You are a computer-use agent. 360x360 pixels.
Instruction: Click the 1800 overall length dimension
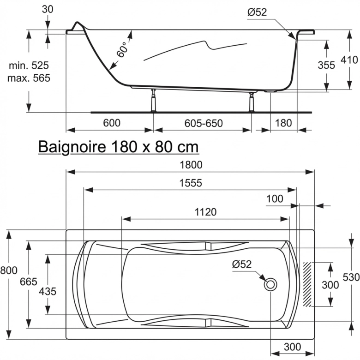[191, 165]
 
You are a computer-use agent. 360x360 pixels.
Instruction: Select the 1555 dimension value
[191, 183]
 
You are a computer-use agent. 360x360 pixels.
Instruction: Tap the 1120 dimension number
[205, 212]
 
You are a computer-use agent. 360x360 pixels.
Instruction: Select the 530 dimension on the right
[351, 277]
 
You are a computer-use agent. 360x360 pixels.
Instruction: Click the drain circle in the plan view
[270, 284]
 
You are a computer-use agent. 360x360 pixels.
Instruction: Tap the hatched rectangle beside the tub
[308, 284]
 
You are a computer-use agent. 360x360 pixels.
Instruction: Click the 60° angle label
[122, 49]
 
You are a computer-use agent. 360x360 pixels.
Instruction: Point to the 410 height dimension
[349, 60]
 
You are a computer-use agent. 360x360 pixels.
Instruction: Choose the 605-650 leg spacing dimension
[204, 123]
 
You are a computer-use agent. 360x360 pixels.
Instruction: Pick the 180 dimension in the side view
[283, 123]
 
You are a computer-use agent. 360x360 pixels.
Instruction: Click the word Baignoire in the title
[72, 147]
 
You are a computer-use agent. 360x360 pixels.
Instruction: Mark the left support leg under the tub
[152, 101]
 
